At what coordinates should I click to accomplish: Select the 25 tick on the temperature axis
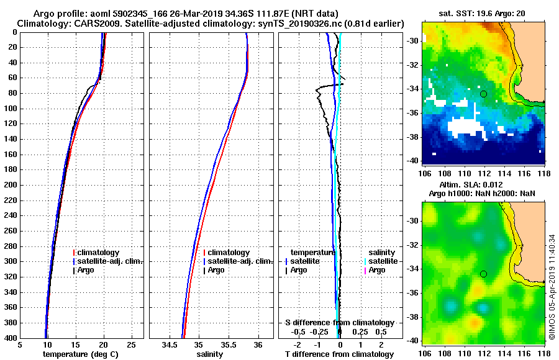pos(131,345)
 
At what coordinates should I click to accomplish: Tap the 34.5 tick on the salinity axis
pos(170,345)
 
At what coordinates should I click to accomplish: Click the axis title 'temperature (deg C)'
pos(80,354)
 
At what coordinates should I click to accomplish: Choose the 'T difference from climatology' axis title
pos(339,354)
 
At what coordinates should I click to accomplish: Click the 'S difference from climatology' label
pos(339,323)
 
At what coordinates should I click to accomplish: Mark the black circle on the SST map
pos(483,94)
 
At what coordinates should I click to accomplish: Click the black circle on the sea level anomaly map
pos(483,274)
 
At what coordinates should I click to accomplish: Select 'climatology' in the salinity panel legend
pos(229,253)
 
